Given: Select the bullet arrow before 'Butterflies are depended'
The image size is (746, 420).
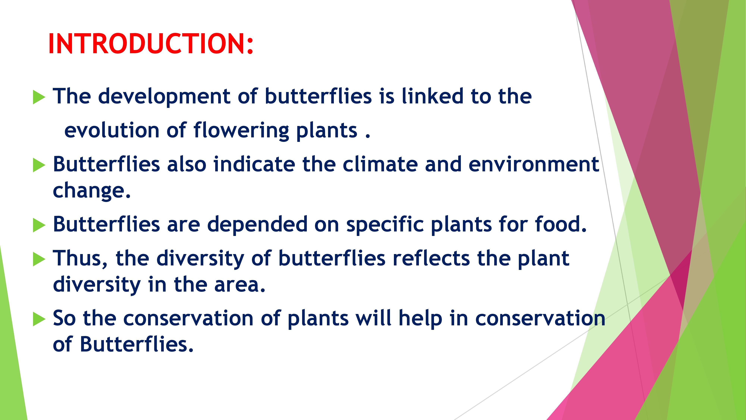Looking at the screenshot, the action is click(x=39, y=225).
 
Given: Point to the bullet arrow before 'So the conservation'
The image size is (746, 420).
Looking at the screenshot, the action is click(x=39, y=319).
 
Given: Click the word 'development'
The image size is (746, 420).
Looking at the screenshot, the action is click(x=164, y=97).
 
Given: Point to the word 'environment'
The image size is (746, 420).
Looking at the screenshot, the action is click(x=534, y=164).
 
